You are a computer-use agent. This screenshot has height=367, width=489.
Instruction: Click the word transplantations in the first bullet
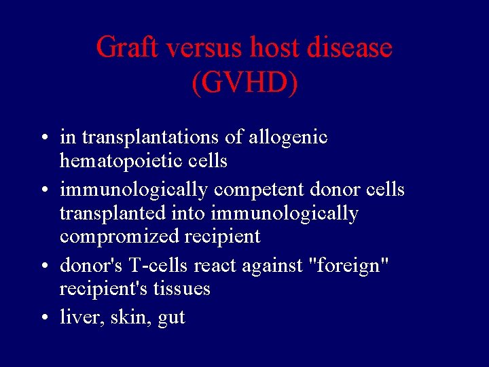coord(150,138)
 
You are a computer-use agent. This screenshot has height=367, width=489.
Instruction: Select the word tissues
coord(183,289)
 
